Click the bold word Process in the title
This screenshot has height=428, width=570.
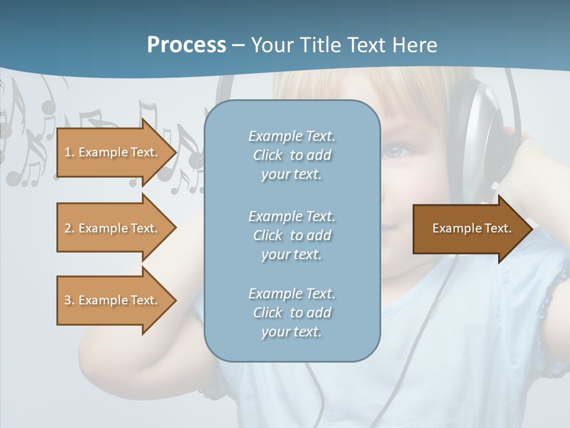pyautogui.click(x=186, y=45)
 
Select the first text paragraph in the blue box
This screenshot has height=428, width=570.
pyautogui.click(x=292, y=155)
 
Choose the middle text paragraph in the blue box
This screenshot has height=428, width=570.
pyautogui.click(x=292, y=235)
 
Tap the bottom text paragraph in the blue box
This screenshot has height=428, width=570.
pyautogui.click(x=292, y=313)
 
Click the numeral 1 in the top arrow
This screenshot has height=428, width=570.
pyautogui.click(x=68, y=152)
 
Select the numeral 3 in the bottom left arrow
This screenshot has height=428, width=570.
pyautogui.click(x=68, y=300)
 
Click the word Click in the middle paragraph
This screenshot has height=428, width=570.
pyautogui.click(x=268, y=235)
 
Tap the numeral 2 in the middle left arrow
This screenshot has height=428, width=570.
pyautogui.click(x=68, y=228)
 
